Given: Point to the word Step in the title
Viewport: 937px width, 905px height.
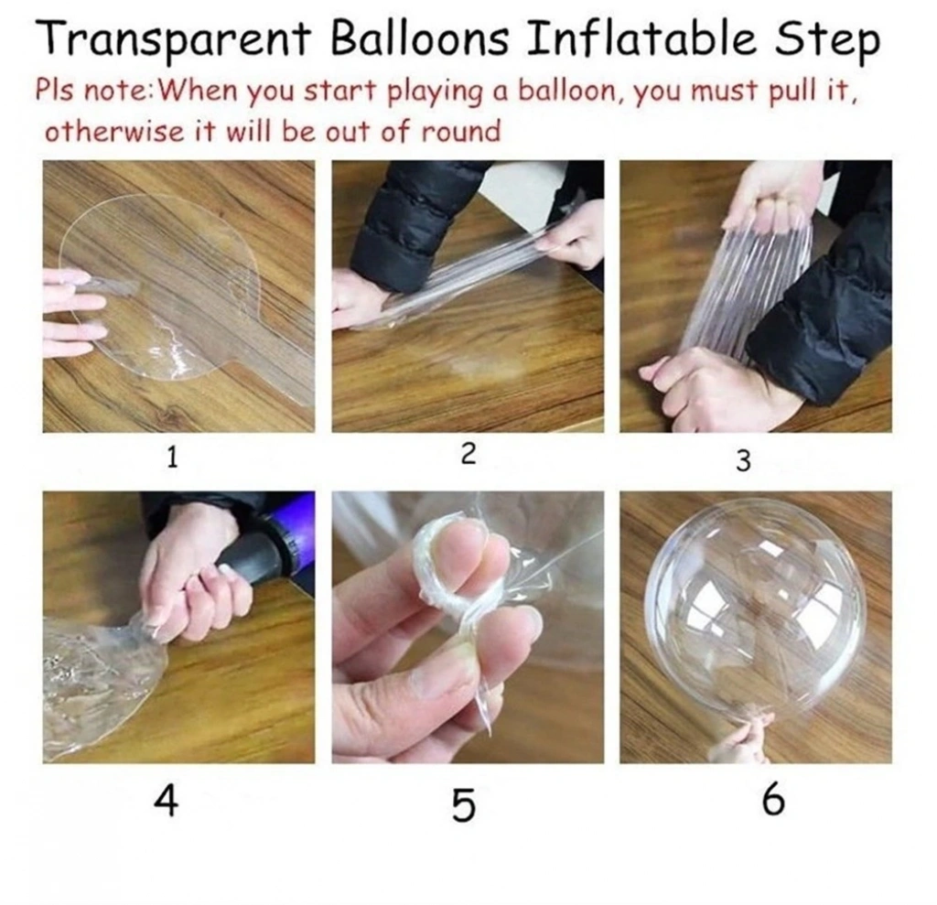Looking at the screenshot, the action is [827, 40].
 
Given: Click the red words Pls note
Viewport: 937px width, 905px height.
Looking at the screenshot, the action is [94, 92].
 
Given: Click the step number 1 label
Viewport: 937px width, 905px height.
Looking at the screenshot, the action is [172, 458].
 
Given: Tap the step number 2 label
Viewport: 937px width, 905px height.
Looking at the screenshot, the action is [468, 454].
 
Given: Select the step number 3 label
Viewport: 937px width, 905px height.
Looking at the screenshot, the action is [743, 460].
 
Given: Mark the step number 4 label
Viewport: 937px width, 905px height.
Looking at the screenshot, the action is [167, 801].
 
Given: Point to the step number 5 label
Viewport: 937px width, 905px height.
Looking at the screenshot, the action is [464, 804].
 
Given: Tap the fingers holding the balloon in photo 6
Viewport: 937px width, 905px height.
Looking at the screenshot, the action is [738, 741].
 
